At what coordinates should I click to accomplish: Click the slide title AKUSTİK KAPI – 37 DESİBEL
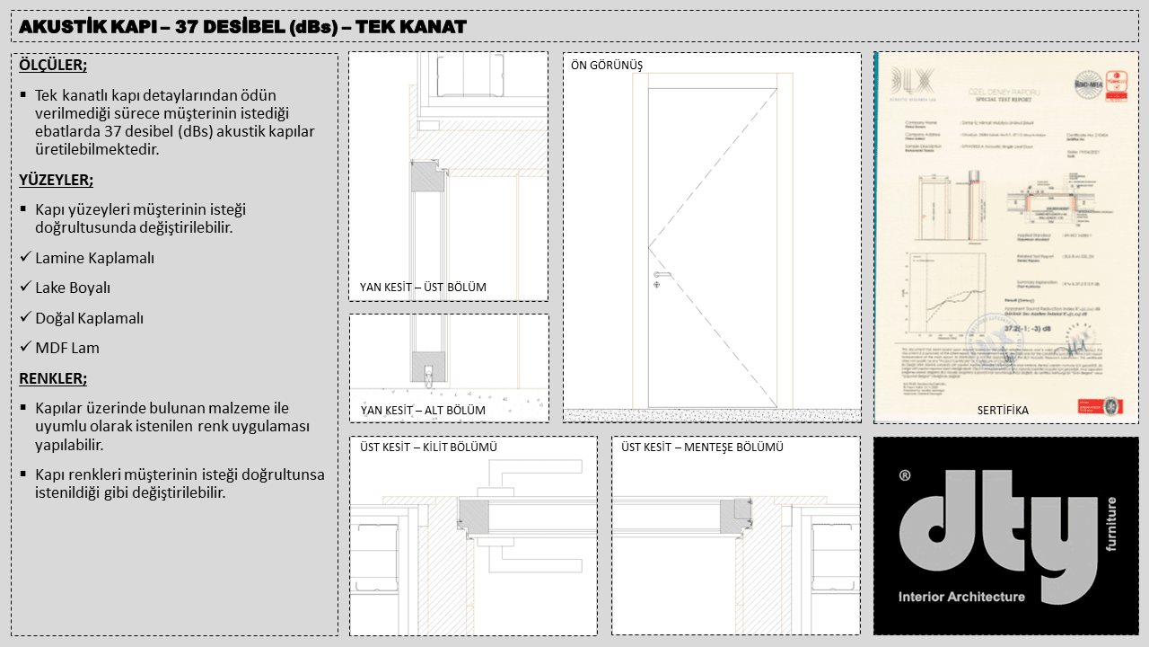(242, 26)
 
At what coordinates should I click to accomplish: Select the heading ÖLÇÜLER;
(53, 66)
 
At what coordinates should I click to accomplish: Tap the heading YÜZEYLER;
(56, 180)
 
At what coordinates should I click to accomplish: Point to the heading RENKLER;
(53, 378)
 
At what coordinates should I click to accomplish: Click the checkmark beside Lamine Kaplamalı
(25, 258)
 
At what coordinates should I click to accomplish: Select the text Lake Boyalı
(73, 288)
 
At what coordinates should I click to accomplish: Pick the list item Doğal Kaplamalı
(89, 318)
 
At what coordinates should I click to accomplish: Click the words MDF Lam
(67, 348)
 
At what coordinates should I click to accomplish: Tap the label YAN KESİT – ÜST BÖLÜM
(423, 288)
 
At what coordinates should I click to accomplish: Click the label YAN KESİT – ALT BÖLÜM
(422, 411)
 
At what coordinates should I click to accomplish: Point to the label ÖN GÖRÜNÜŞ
(607, 66)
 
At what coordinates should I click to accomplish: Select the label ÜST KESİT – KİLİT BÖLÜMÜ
(428, 447)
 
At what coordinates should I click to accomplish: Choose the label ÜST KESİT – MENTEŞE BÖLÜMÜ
(703, 447)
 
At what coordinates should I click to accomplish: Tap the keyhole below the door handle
(657, 285)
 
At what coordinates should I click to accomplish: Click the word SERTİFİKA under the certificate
(1003, 411)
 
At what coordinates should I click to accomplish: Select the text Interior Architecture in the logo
(961, 597)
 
